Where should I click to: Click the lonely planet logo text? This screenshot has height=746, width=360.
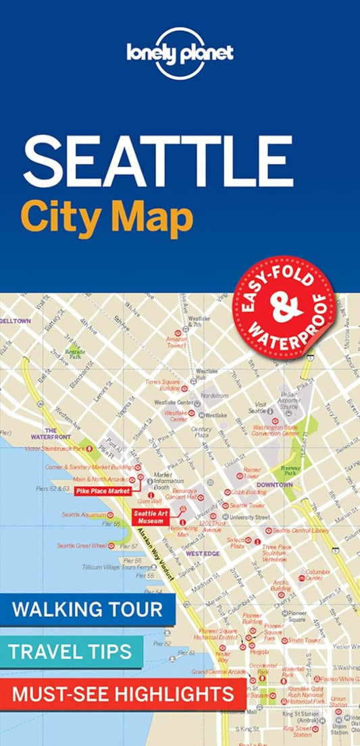[179, 54]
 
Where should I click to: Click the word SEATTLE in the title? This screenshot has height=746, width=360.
[159, 163]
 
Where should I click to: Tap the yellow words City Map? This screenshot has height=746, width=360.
[107, 217]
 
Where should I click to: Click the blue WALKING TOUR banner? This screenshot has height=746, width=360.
[88, 610]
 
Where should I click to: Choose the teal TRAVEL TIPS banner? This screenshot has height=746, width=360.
[71, 651]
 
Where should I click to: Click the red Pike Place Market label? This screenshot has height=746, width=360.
[103, 491]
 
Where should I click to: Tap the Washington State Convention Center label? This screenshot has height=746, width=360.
[276, 430]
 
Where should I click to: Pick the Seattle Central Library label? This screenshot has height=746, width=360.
[301, 530]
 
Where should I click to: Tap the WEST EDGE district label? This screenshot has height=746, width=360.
[203, 554]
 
